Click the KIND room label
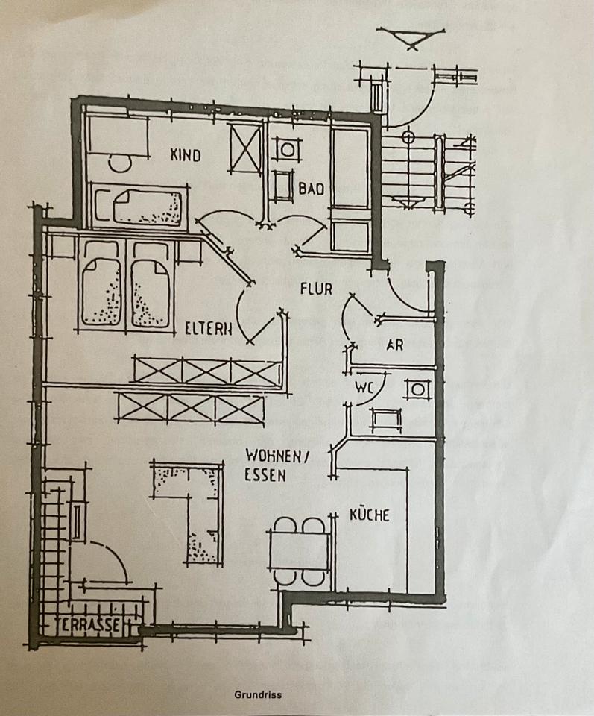pos(186,155)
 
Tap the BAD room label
pos(312,189)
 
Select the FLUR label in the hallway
pos(316,288)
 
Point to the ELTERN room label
pos(209,327)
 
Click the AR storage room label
pos(395,345)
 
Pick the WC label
pos(363,388)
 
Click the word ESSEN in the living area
pos(265,474)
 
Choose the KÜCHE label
pos(369,515)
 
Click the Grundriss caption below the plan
pos(258,695)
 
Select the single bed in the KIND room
pos(148,207)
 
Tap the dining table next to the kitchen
pos(300,550)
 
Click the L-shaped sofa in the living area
pos(194,507)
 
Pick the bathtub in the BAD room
pos(350,169)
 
